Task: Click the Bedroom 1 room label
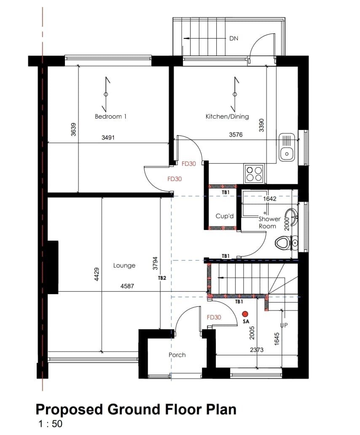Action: click(x=110, y=116)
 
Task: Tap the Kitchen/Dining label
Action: click(x=227, y=116)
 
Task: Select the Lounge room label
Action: click(x=124, y=265)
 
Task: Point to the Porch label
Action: click(x=177, y=355)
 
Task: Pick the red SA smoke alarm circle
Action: click(x=245, y=313)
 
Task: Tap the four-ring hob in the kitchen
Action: click(x=254, y=173)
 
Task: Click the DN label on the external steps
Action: click(x=234, y=38)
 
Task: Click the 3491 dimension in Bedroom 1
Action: click(x=108, y=138)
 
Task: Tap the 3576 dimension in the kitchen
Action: click(x=236, y=135)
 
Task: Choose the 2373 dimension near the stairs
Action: click(x=257, y=349)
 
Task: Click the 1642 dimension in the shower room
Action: click(x=269, y=199)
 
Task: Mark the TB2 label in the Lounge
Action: click(x=161, y=278)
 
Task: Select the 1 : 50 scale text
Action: click(x=51, y=424)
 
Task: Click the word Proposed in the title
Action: click(x=67, y=409)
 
